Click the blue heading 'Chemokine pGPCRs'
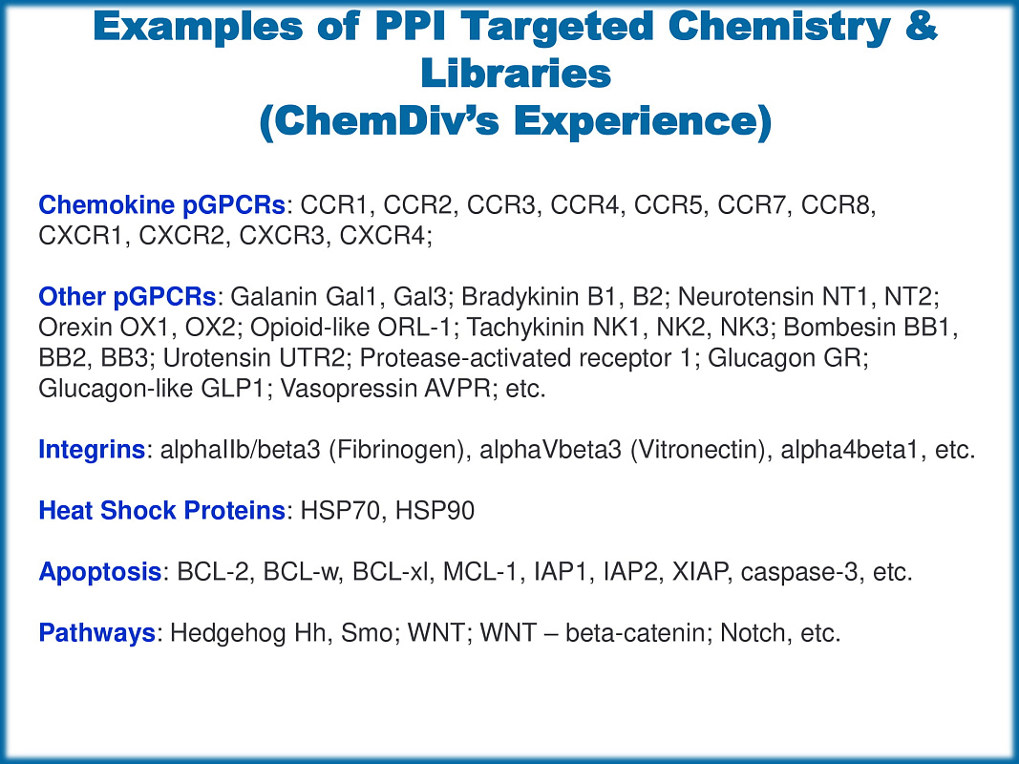point(161,205)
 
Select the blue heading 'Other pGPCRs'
point(127,297)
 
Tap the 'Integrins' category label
point(92,450)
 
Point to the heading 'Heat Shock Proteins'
point(161,511)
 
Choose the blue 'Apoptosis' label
point(100,572)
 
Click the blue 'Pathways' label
point(96,633)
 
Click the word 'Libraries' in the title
point(516,73)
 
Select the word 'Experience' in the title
point(636,120)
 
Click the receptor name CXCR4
point(382,236)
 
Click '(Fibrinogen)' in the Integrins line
point(396,450)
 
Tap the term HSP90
point(435,511)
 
